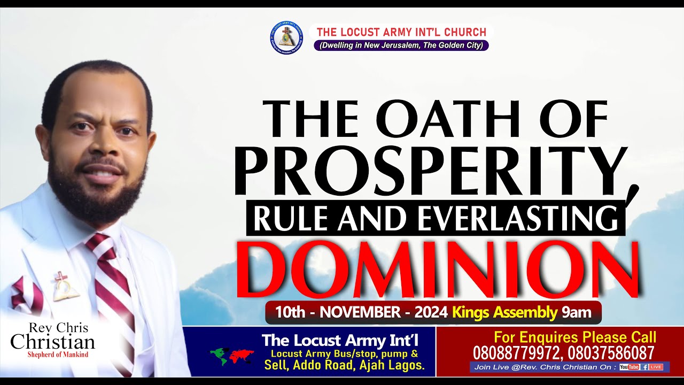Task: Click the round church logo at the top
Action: coord(287,37)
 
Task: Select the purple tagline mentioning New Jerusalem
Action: coord(401,46)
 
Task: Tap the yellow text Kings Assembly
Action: coord(505,312)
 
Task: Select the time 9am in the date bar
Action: coord(577,312)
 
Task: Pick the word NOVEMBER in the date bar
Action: coord(361,312)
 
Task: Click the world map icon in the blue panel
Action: coord(232,356)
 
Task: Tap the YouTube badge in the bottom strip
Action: coord(629,367)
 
